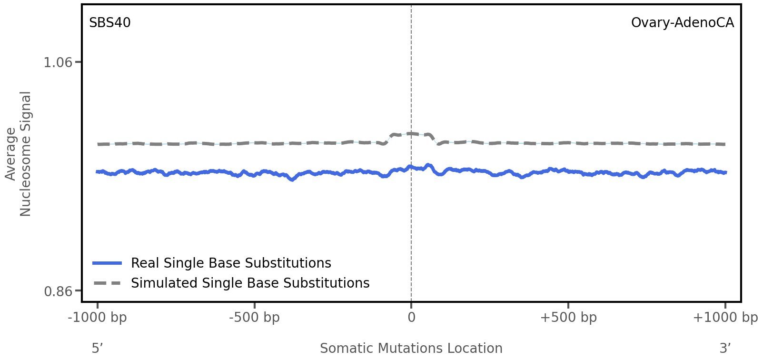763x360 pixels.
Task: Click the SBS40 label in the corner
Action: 110,23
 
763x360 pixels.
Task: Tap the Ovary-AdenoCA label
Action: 682,23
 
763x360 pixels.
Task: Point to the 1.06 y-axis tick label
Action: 58,62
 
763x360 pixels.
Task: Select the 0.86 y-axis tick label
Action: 58,291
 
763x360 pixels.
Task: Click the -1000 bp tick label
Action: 98,317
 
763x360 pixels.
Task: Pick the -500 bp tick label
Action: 254,317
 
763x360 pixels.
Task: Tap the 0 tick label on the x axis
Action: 411,317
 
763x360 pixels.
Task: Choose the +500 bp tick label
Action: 568,317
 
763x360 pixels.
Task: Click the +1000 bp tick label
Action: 725,317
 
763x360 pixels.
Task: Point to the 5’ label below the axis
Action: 98,348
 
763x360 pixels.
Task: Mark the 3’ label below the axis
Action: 725,348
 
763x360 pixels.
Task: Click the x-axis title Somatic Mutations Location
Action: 411,348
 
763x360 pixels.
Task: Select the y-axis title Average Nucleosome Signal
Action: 19,153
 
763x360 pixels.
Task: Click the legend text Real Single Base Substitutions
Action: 231,263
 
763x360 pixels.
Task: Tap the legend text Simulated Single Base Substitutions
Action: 250,283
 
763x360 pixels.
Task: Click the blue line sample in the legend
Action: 108,263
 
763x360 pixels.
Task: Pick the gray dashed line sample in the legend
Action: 108,283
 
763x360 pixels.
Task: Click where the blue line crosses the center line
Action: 411,167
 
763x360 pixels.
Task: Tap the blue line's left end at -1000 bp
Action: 98,171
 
